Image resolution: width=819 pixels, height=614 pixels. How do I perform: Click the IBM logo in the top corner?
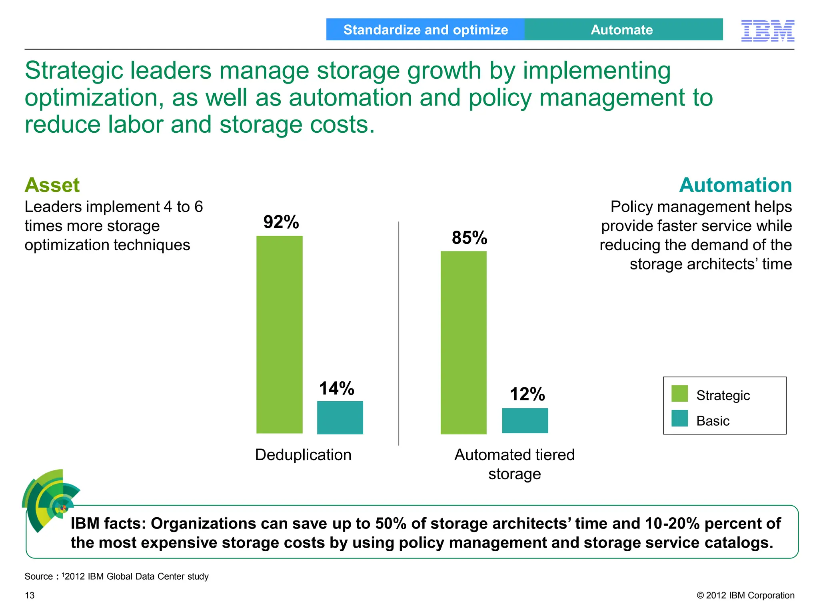point(767,30)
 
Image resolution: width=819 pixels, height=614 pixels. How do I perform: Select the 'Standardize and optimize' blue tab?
point(425,30)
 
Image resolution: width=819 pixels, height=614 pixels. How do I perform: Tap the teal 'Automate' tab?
point(623,30)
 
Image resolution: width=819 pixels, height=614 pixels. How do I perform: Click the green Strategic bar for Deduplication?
point(279,335)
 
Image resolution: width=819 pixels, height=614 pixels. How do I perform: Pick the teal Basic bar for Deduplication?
point(340,417)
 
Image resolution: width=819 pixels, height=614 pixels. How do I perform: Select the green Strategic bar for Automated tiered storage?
point(463,343)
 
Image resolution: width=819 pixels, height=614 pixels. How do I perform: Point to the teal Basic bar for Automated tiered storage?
point(525,421)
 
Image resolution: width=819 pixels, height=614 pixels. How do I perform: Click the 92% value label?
point(281,222)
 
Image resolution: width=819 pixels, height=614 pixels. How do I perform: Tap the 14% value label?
point(336,388)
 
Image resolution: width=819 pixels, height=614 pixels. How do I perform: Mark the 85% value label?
point(469,237)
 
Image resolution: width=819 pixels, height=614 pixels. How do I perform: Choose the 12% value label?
point(527,394)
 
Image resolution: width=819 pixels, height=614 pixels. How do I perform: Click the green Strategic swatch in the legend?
point(679,393)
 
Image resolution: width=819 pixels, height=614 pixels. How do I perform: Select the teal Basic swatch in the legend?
point(679,419)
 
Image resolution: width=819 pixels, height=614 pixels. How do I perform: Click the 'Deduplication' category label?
point(303,455)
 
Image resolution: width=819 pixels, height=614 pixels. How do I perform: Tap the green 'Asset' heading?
point(52,185)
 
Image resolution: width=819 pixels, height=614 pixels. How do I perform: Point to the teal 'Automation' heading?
point(735,185)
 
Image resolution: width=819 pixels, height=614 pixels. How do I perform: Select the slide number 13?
point(30,596)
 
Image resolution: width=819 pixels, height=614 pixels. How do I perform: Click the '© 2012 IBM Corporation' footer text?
point(745,595)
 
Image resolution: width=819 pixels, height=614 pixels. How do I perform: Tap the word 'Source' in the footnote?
point(38,576)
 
